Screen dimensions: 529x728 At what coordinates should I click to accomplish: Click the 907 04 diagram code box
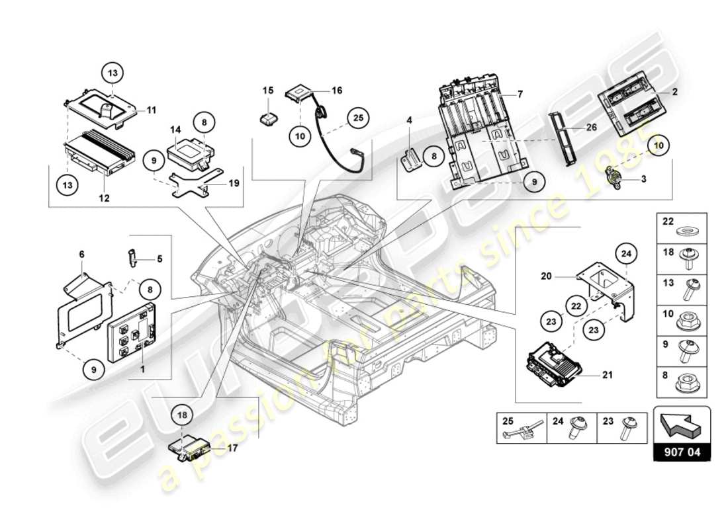click(x=682, y=453)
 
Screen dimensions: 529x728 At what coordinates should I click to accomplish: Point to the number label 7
click(x=520, y=95)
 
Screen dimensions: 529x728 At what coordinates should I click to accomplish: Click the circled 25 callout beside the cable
click(x=358, y=118)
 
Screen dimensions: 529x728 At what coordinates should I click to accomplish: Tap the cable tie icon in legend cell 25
click(x=522, y=432)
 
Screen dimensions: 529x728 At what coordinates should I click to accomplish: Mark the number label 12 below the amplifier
click(x=105, y=198)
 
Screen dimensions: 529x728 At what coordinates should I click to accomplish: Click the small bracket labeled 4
click(x=412, y=157)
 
